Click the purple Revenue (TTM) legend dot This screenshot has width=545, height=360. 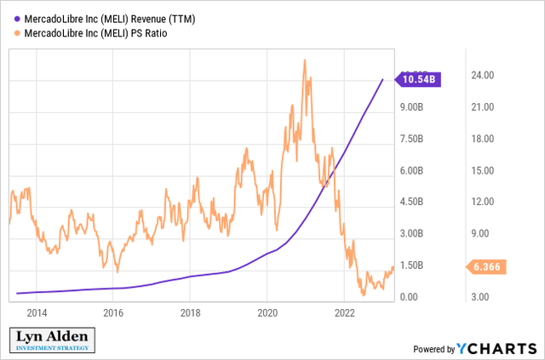[x=17, y=19]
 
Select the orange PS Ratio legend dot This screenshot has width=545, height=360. [x=17, y=34]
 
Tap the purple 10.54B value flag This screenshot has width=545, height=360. [x=418, y=79]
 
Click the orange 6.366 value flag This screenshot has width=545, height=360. [x=485, y=266]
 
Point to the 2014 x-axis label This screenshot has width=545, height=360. [x=37, y=313]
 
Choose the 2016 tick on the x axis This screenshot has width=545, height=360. [x=113, y=313]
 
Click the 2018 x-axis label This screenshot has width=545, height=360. [x=191, y=313]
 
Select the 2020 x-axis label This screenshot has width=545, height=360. [x=267, y=313]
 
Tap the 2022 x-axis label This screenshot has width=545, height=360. [x=344, y=313]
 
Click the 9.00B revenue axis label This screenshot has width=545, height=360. [x=411, y=107]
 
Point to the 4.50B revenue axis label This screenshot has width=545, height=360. [x=411, y=202]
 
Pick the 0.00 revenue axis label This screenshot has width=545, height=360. [x=409, y=297]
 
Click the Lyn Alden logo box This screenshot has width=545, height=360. [x=52, y=340]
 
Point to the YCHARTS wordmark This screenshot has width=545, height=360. [x=496, y=348]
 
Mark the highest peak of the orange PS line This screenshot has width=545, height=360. [x=305, y=60]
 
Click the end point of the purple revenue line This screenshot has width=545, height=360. [x=382, y=79]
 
